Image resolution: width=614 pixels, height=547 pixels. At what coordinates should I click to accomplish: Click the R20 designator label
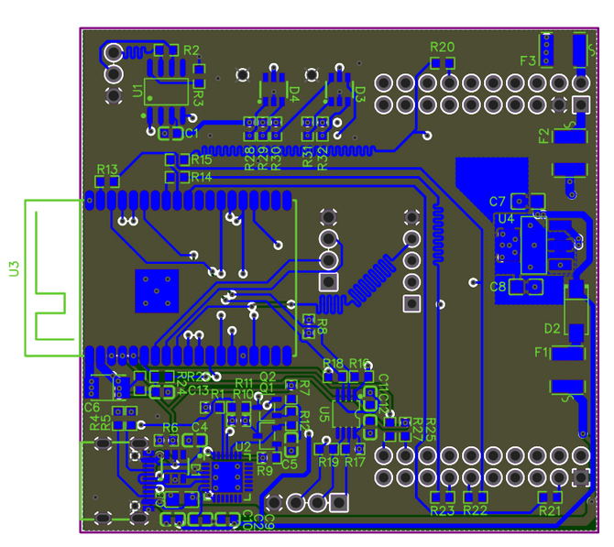click(442, 47)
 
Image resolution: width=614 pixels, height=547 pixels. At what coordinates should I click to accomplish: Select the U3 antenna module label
click(14, 268)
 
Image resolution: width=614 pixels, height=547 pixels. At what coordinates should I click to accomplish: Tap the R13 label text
click(107, 170)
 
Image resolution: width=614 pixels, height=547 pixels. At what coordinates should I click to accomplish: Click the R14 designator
click(202, 177)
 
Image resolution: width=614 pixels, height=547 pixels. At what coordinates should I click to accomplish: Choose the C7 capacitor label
click(498, 202)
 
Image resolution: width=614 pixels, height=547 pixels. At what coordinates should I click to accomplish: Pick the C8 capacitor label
click(498, 287)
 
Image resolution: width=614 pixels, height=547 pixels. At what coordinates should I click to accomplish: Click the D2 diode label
click(552, 328)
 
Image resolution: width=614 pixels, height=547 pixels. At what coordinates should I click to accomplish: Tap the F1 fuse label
click(542, 352)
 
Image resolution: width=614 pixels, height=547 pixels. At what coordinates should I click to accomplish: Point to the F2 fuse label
click(544, 137)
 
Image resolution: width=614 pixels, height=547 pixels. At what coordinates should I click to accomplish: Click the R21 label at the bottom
click(550, 510)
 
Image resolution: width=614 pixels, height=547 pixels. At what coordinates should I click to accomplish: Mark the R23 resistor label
click(443, 510)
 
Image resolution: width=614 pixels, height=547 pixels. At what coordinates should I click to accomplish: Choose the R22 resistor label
click(475, 510)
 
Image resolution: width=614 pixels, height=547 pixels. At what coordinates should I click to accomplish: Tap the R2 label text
click(192, 49)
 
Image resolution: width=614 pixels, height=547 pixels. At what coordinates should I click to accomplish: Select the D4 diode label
click(294, 92)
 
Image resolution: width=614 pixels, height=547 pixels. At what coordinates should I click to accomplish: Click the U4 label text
click(505, 219)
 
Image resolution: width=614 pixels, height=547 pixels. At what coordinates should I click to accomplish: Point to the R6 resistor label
click(170, 428)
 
